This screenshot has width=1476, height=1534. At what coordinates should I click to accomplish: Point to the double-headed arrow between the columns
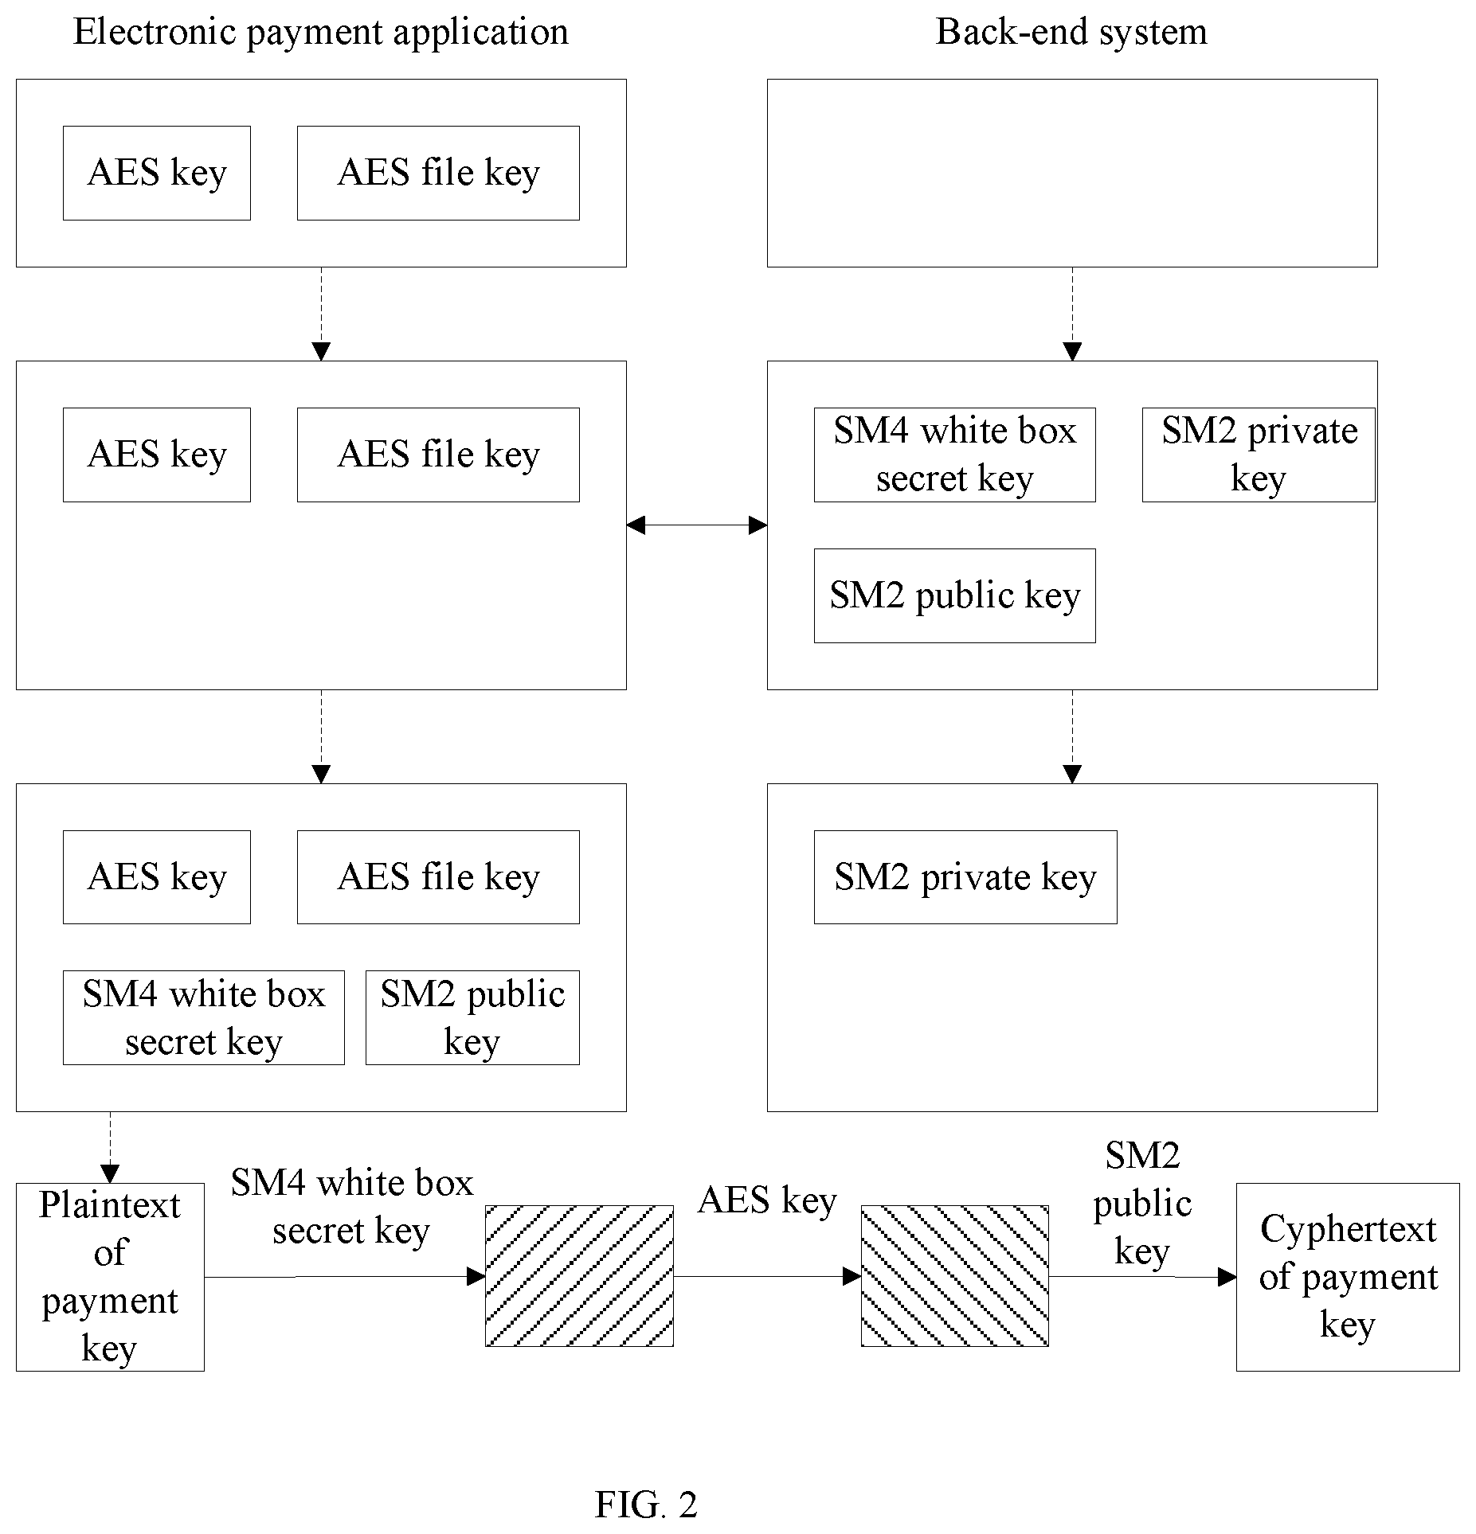(x=697, y=525)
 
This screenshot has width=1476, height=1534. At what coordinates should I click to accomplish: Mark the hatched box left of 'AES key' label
(x=579, y=1276)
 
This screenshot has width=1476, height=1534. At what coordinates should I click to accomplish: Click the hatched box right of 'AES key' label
(x=954, y=1276)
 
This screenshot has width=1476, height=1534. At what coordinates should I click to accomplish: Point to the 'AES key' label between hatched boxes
(x=767, y=1201)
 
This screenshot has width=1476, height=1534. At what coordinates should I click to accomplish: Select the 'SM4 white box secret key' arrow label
(x=352, y=1207)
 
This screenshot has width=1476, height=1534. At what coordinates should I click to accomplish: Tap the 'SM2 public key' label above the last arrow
(x=1142, y=1203)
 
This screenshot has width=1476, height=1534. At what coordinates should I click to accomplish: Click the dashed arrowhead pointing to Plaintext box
(x=110, y=1173)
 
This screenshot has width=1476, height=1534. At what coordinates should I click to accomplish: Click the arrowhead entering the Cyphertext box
(x=1227, y=1277)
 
